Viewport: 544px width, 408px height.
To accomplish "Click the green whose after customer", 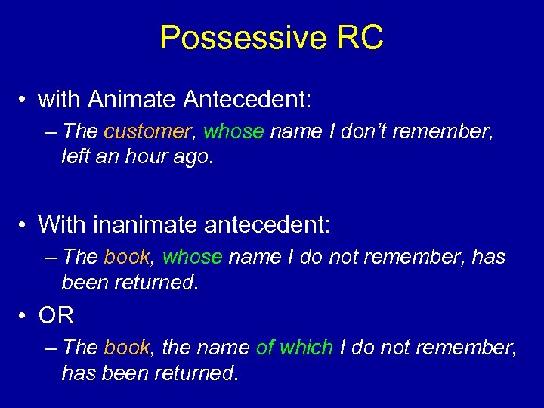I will click(x=233, y=131).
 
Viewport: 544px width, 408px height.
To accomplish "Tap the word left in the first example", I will click(x=75, y=157).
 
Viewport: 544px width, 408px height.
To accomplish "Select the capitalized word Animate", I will click(x=133, y=98).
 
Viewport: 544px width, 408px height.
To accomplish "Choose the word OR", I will click(x=56, y=314).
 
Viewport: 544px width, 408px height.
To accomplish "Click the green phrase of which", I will click(x=294, y=348).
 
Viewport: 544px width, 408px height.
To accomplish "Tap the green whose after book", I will click(x=192, y=257).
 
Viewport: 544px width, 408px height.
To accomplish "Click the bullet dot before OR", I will click(x=25, y=315).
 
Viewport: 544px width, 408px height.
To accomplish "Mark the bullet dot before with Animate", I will click(x=25, y=99).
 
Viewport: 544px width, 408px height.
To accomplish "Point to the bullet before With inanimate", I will click(x=25, y=224).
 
